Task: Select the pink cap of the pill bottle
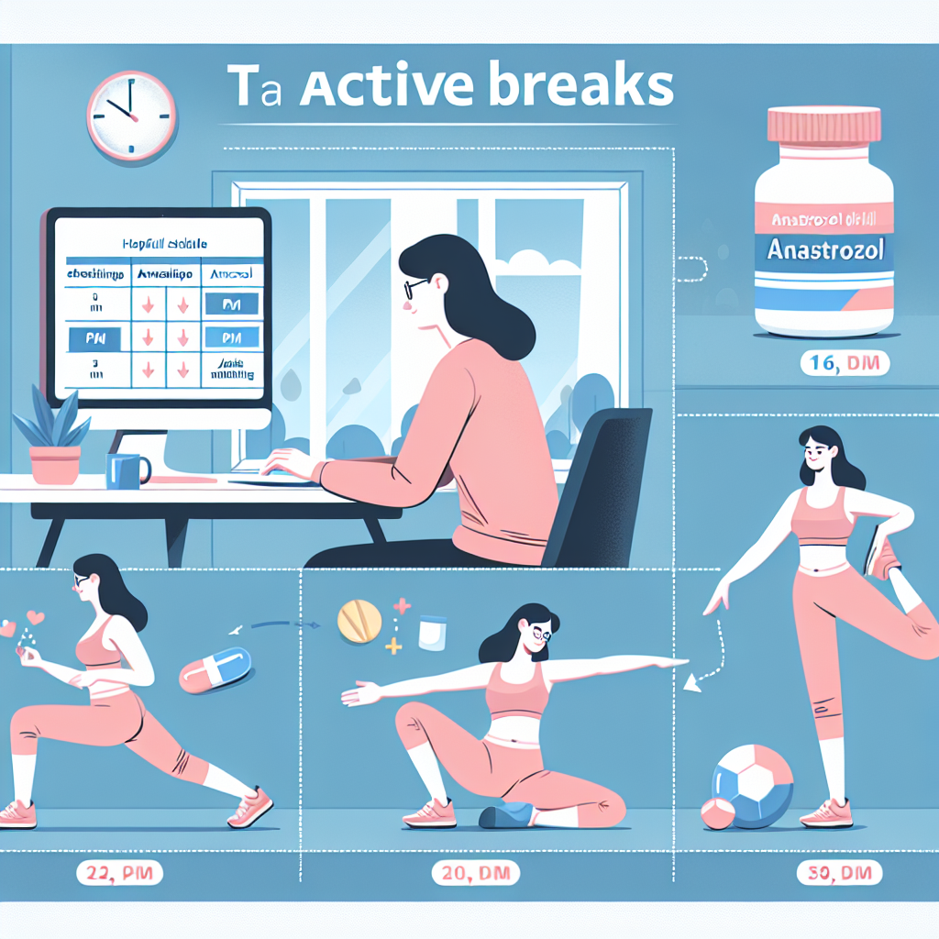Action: (x=823, y=127)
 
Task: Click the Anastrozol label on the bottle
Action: (x=823, y=250)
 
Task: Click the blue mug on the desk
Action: (x=126, y=469)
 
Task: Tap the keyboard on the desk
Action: (x=275, y=480)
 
